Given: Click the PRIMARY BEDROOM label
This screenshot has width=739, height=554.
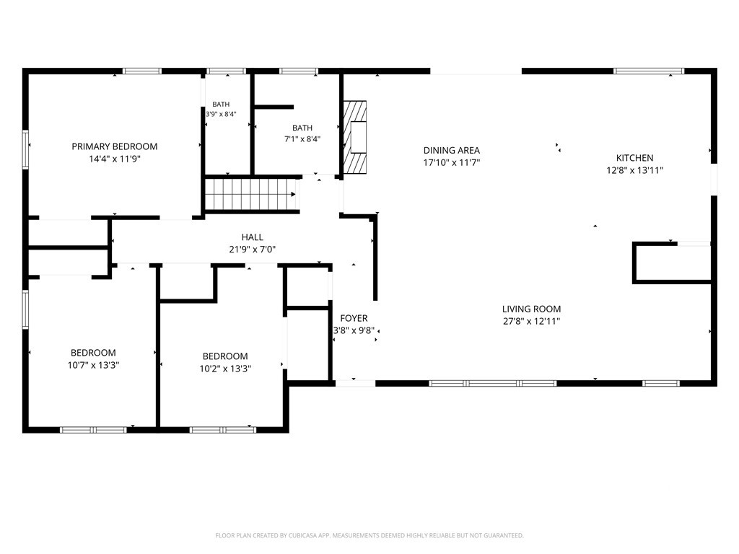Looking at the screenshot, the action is coord(115,146).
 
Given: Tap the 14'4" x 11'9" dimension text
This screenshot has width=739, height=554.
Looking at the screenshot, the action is coord(115,159).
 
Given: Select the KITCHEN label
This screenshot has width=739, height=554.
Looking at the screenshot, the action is coord(635,158).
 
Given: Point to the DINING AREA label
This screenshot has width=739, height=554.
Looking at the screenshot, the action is coord(452,150).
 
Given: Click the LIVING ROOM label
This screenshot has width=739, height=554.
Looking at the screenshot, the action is coord(531,309).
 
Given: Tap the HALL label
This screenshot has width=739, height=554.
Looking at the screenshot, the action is coord(252,237).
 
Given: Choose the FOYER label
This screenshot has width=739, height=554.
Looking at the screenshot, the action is coord(354,318).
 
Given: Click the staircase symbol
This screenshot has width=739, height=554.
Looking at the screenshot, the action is coord(252,194).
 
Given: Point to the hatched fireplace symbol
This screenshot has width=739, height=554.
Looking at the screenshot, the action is coord(354,136).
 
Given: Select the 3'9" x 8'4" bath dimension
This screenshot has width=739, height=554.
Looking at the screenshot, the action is coord(221,114).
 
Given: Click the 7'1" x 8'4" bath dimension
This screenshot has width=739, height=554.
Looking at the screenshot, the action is coord(302,139).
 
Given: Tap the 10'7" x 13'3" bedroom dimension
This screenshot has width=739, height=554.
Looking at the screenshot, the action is coord(93,365).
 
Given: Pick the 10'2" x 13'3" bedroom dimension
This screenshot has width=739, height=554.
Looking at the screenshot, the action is coord(225,369).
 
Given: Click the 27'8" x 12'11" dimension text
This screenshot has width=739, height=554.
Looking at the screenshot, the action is coord(531,321).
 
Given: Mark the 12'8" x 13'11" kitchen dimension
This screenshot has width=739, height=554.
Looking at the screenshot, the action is coord(635,170).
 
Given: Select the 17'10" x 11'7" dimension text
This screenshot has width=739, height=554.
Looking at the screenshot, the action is coord(452,162).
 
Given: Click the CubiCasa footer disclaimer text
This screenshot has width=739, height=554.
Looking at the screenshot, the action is coord(369,536).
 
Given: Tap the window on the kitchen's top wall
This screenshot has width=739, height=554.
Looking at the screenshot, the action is coord(649,71).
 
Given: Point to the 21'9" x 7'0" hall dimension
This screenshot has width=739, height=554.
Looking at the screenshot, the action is coord(252,249).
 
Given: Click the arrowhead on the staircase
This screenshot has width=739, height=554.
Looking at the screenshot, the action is coord(293,194).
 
